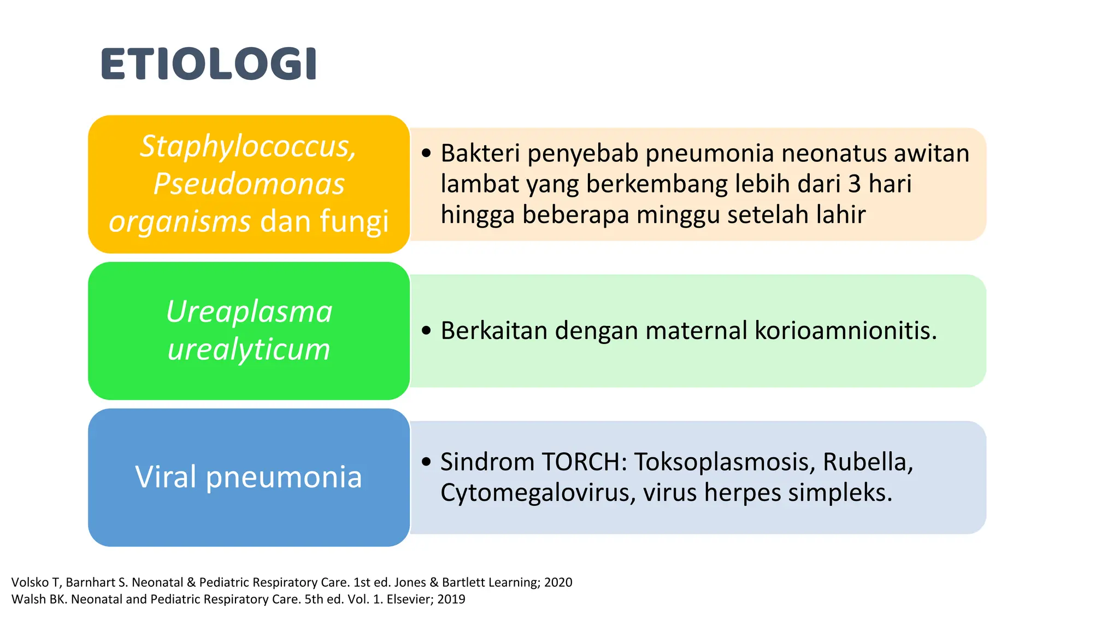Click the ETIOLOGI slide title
click(x=209, y=64)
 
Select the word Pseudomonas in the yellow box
click(x=249, y=184)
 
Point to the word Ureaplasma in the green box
click(x=249, y=312)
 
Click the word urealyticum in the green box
click(x=249, y=349)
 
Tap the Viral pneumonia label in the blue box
click(x=249, y=477)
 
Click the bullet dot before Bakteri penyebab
click(x=427, y=153)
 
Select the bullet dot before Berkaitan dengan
click(x=427, y=330)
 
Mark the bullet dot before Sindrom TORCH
click(x=427, y=462)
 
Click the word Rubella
click(x=868, y=462)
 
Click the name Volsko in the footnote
click(x=30, y=582)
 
